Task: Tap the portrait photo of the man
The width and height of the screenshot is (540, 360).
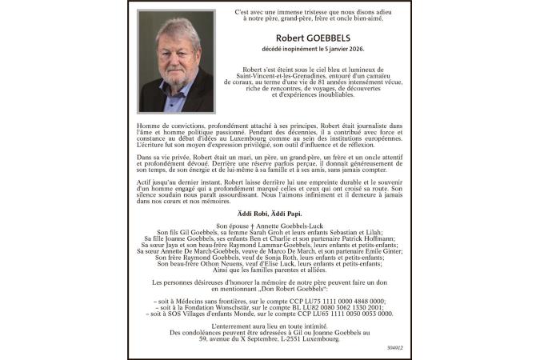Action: point(176,61)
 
